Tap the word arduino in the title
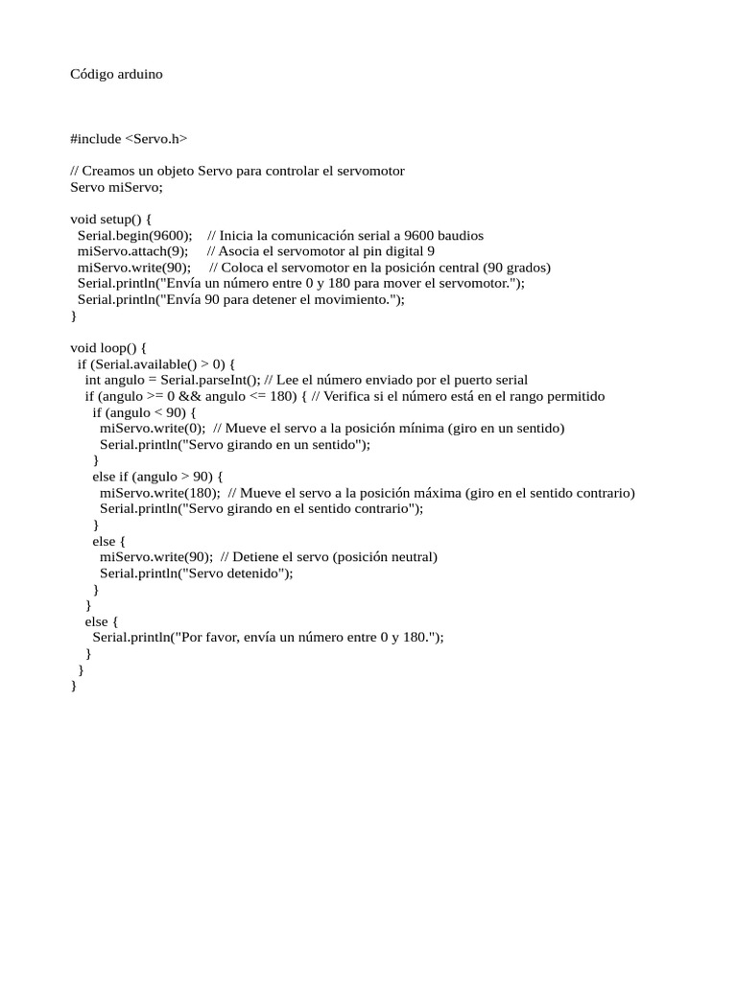coord(141,74)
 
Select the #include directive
coord(96,139)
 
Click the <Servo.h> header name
coord(156,139)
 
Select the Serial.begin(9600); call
coord(134,236)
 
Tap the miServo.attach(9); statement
coord(132,252)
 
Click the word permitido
coord(573,397)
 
